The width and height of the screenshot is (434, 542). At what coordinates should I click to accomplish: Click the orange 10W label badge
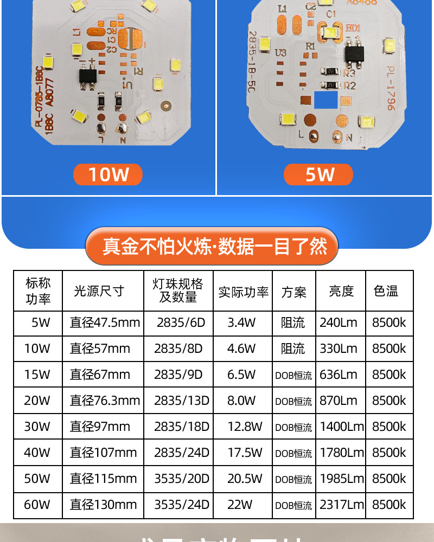(108, 175)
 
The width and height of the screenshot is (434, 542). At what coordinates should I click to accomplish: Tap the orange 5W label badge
(318, 175)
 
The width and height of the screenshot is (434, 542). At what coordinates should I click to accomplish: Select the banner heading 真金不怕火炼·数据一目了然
(215, 247)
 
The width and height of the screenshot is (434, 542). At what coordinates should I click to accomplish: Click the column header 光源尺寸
(99, 291)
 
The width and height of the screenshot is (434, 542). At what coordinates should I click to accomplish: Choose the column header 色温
(386, 291)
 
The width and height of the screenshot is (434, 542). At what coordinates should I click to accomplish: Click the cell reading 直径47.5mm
(105, 323)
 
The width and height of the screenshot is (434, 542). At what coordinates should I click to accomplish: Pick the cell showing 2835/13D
(181, 401)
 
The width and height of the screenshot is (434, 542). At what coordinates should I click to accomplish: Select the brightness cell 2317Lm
(341, 505)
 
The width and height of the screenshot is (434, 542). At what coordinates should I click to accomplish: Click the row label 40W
(37, 453)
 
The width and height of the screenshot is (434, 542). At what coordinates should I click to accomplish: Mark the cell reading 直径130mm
(103, 505)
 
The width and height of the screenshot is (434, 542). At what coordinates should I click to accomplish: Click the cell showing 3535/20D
(181, 479)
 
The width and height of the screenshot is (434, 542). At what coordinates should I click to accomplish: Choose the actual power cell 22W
(240, 505)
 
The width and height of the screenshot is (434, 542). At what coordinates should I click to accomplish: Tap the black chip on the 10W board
(88, 74)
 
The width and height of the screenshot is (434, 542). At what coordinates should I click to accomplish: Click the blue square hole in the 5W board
(327, 99)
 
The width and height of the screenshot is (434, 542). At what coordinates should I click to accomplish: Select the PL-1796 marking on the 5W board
(391, 88)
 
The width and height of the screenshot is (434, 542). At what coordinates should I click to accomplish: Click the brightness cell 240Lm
(339, 323)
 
